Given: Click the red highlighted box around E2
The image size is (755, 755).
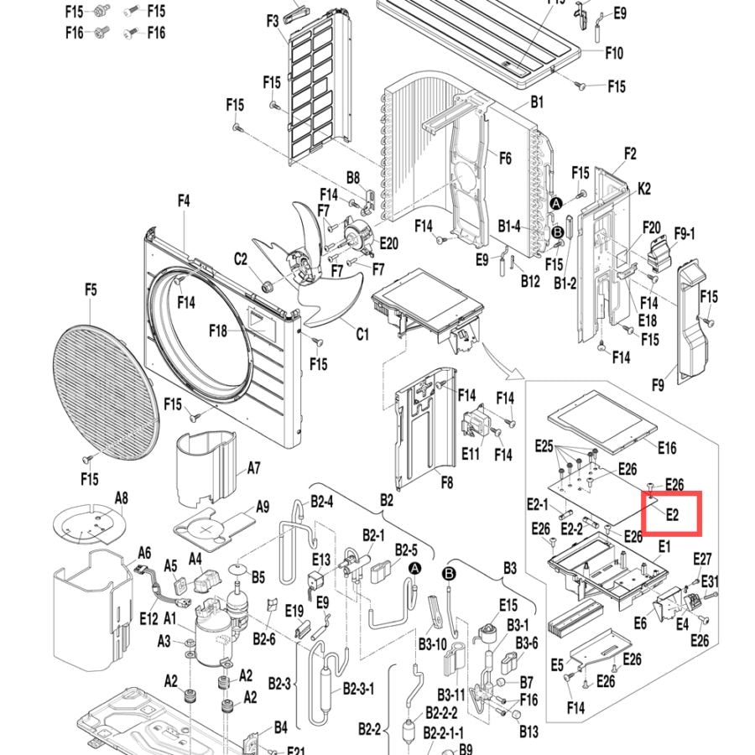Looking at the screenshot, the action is (x=672, y=493).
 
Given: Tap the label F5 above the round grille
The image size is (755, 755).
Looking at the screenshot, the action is (x=91, y=290).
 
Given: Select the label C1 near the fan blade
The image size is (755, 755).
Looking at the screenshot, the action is (x=362, y=334).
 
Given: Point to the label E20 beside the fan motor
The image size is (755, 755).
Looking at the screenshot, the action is (x=388, y=243).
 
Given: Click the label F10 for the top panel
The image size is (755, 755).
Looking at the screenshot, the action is (x=614, y=53).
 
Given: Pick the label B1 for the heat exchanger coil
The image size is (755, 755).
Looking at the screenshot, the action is (x=537, y=102).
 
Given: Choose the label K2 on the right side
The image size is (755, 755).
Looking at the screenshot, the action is (x=643, y=188).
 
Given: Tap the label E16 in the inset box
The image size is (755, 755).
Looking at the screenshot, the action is (x=667, y=448).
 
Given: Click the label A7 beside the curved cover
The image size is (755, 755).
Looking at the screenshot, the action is (x=253, y=467).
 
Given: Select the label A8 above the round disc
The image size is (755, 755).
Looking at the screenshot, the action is (x=122, y=497).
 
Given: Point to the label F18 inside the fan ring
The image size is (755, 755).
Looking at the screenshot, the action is (x=217, y=331).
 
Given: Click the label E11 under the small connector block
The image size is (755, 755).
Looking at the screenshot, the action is (x=471, y=454).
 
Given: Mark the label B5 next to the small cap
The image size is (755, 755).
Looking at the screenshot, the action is (x=258, y=577).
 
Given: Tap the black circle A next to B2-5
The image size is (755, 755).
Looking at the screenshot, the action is (x=414, y=569).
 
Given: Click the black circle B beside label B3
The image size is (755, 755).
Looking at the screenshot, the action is (x=449, y=574).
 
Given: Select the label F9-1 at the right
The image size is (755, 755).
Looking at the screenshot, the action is (x=685, y=234).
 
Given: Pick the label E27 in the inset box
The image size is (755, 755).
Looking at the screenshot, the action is (x=702, y=559).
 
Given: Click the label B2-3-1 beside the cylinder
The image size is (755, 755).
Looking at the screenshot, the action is (x=358, y=689).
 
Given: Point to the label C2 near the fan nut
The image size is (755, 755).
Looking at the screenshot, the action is (x=240, y=259).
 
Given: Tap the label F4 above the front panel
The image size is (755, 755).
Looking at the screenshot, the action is (x=184, y=200).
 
